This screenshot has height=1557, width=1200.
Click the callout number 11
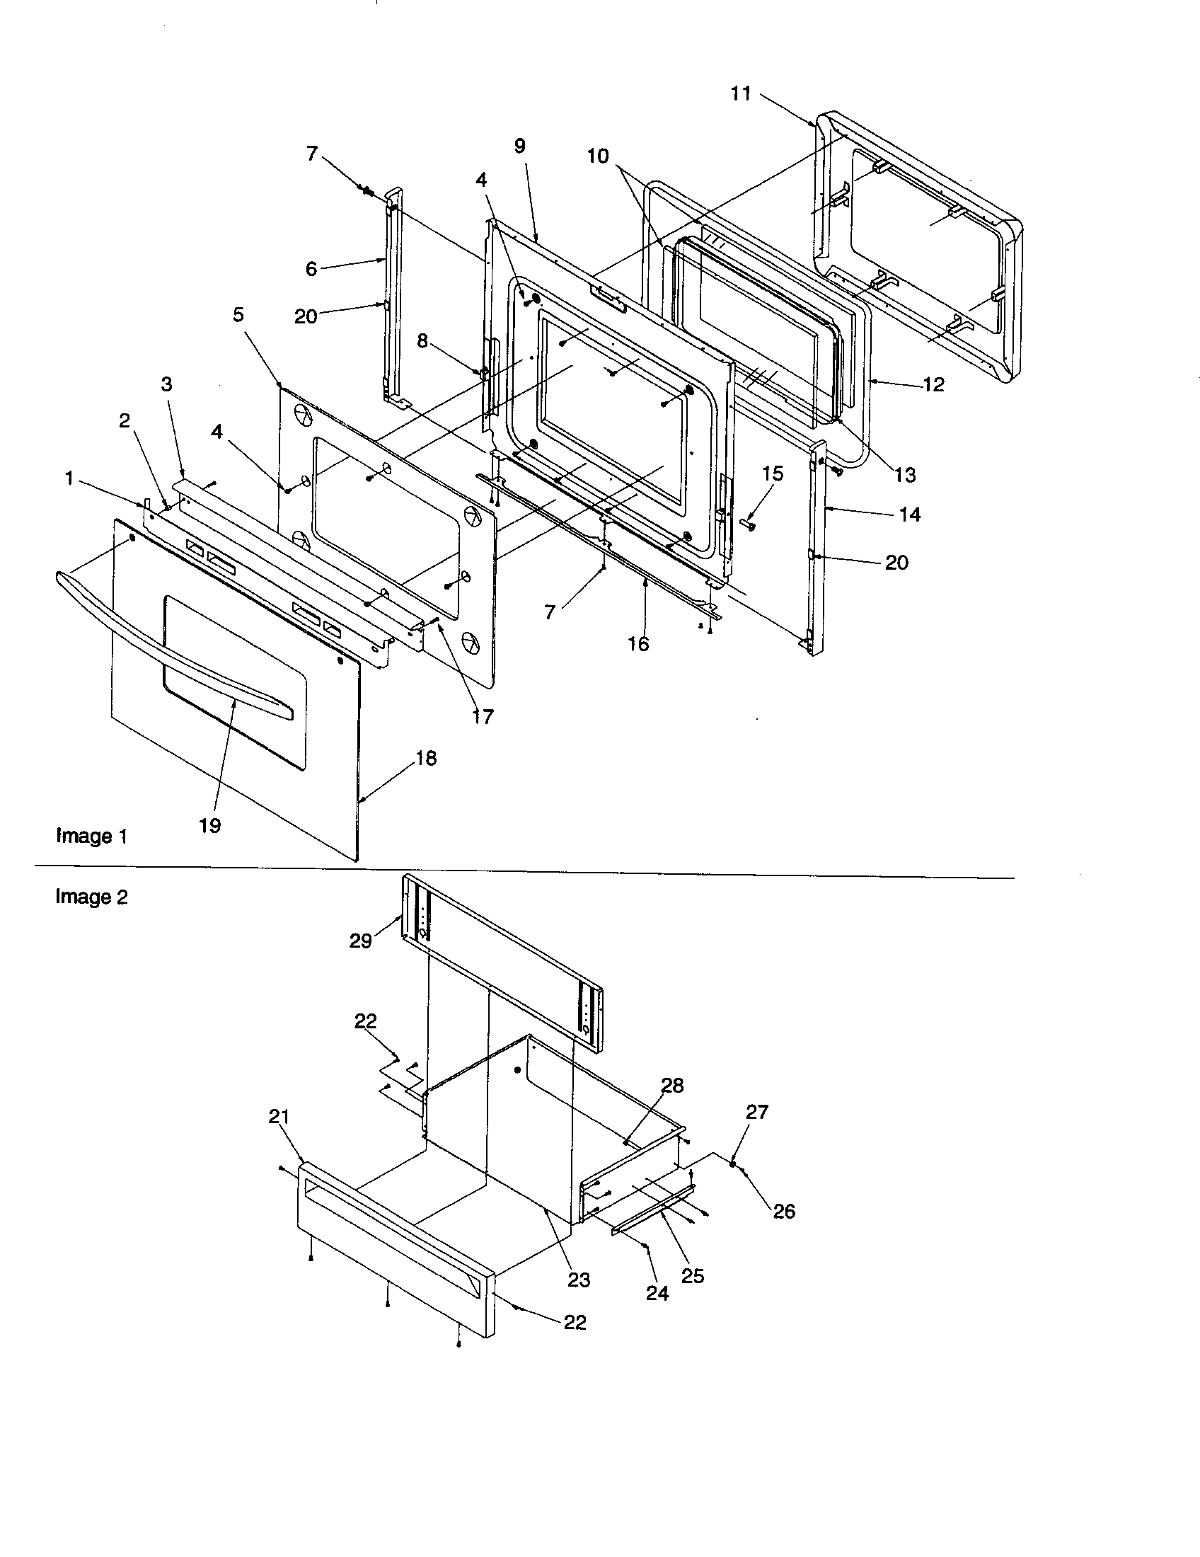740,93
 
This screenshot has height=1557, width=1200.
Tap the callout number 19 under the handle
209,825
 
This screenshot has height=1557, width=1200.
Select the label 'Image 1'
91,836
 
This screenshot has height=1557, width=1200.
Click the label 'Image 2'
91,897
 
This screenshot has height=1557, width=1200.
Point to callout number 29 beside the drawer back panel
361,941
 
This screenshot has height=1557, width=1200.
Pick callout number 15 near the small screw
773,473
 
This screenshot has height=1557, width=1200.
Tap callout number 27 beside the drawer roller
757,1112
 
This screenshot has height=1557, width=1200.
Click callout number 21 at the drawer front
279,1117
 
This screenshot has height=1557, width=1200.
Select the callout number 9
519,146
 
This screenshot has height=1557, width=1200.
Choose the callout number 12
933,384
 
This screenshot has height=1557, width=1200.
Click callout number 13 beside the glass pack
905,475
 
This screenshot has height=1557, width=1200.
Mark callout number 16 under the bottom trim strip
637,644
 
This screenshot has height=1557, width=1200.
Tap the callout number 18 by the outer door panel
425,758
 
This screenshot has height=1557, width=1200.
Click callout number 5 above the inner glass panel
238,315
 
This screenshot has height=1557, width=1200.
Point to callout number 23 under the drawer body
579,1280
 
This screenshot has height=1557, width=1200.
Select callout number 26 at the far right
784,1211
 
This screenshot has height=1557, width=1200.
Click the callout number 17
483,717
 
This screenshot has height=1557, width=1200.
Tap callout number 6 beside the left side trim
311,269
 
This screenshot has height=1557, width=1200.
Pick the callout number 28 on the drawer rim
672,1086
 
